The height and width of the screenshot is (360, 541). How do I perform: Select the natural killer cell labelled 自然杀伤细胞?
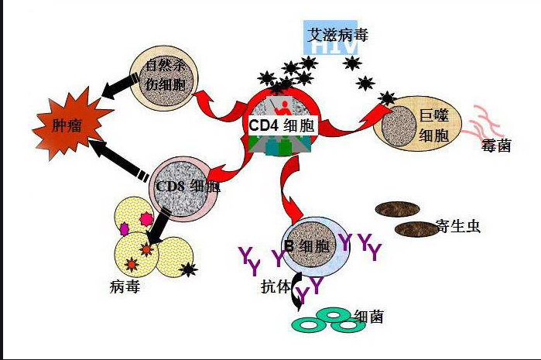pyautogui.click(x=164, y=76)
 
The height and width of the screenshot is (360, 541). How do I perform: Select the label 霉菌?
pyautogui.click(x=495, y=145)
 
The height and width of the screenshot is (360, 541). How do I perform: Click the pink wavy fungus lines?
pyautogui.click(x=488, y=120)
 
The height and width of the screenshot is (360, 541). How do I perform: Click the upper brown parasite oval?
pyautogui.click(x=398, y=209)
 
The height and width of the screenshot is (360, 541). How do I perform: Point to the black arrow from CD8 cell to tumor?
pyautogui.click(x=116, y=157)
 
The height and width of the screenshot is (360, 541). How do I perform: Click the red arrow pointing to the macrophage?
pyautogui.click(x=352, y=124)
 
